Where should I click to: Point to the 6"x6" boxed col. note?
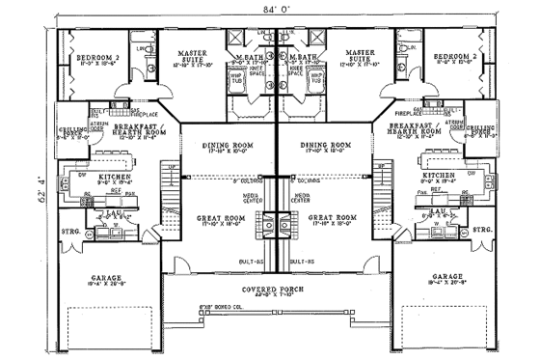coord(225,307)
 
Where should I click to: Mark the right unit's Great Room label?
coord(335,218)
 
